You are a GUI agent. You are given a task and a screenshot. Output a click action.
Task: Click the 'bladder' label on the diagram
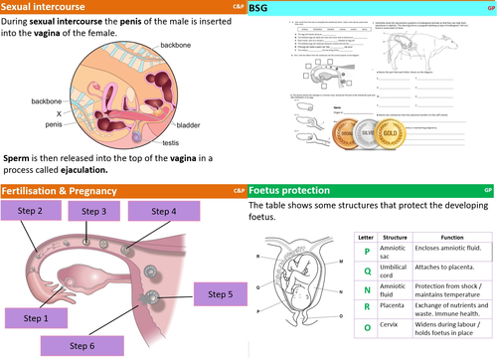click(x=192, y=127)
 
